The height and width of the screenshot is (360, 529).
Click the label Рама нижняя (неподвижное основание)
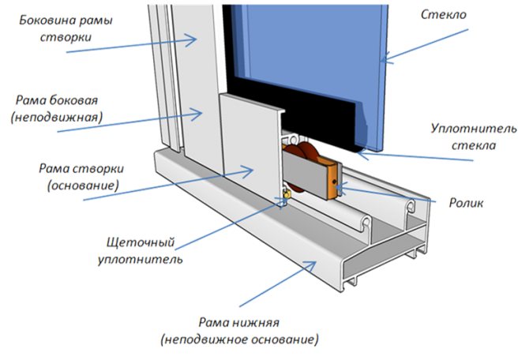pos(238,331)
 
